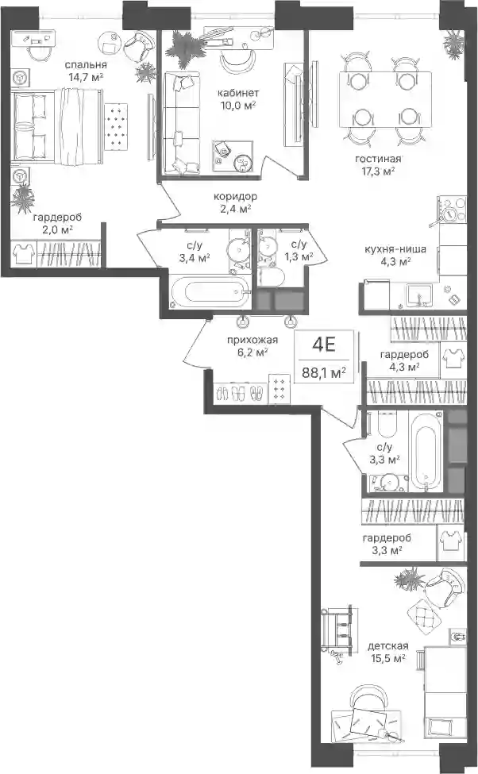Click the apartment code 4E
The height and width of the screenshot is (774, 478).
(324, 345)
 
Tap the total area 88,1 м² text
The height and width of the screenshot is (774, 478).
(323, 372)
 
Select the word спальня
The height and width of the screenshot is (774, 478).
(86, 64)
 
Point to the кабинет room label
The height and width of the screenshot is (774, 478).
(238, 93)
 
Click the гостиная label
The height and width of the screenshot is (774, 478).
(378, 159)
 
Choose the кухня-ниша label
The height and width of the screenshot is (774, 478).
(395, 249)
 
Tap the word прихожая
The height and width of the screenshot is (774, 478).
(252, 340)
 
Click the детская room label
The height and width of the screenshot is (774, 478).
(388, 645)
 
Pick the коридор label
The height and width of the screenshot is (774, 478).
(235, 196)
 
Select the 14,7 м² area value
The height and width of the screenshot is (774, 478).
(86, 77)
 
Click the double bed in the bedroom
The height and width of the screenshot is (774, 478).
(58, 126)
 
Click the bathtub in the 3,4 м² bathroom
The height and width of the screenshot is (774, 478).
(210, 292)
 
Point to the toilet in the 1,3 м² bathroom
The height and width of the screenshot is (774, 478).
(270, 277)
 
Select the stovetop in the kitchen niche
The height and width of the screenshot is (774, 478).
(453, 210)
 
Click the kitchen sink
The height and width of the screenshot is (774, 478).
(418, 295)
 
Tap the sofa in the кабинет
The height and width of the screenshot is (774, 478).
(182, 123)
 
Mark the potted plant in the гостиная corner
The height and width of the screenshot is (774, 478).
(453, 44)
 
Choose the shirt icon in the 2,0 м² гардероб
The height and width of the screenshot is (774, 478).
(23, 253)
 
